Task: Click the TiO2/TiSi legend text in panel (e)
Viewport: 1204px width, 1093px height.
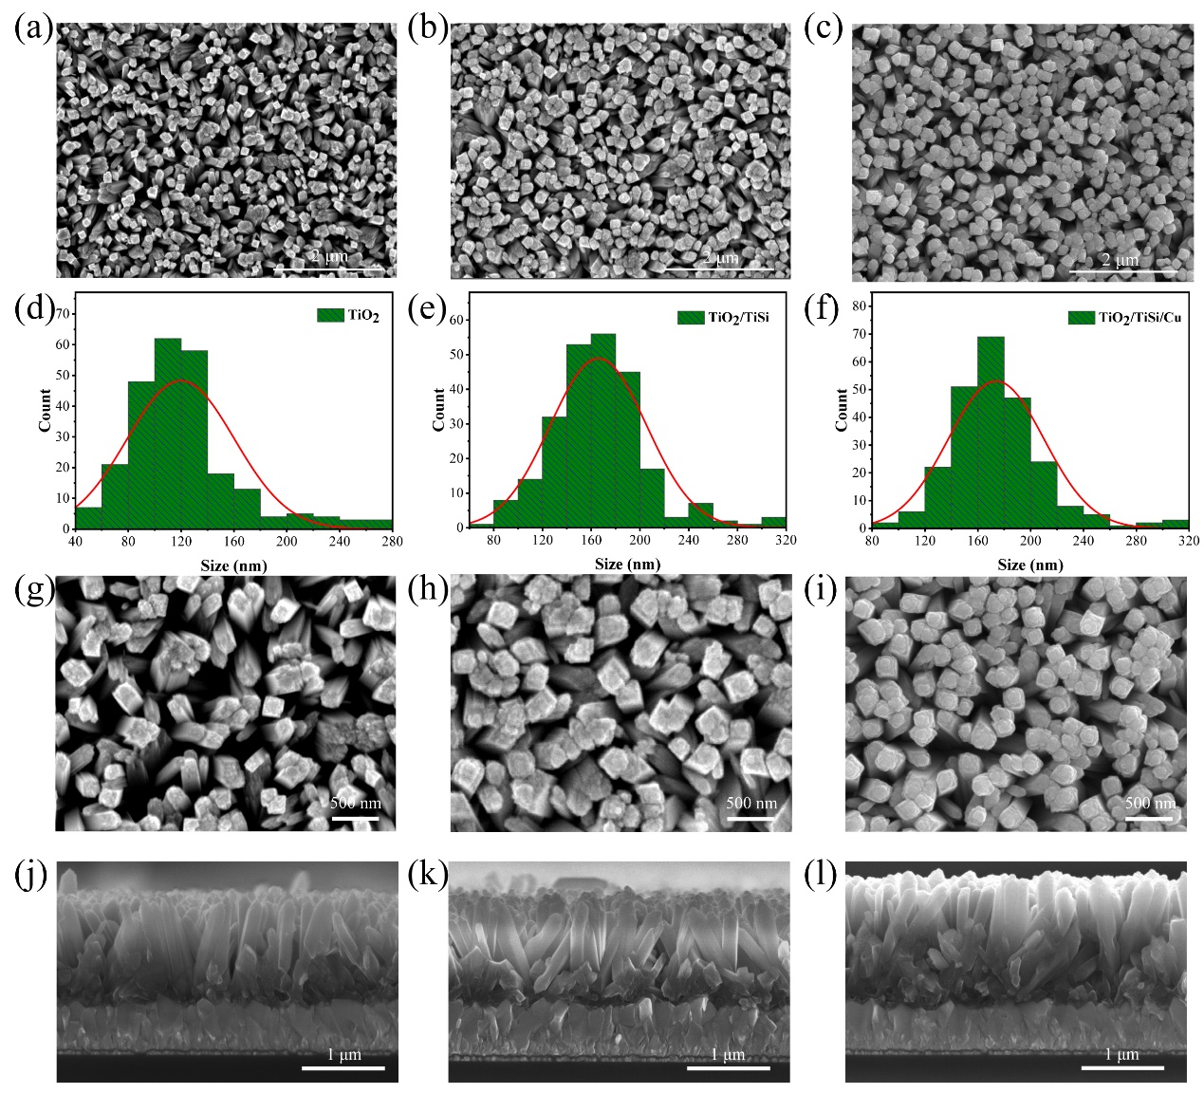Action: click(738, 317)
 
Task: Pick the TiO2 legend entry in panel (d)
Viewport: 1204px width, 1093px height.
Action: click(362, 317)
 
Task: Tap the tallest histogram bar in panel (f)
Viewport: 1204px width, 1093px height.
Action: click(990, 432)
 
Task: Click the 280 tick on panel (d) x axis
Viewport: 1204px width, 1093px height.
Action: click(392, 542)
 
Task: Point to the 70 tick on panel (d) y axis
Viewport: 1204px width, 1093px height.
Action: click(63, 313)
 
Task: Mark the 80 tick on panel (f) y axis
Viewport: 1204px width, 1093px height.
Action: click(860, 306)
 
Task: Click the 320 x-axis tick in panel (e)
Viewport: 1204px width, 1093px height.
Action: click(785, 541)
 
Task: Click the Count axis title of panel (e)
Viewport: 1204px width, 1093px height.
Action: click(438, 409)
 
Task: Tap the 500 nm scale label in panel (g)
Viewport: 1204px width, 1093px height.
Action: click(355, 803)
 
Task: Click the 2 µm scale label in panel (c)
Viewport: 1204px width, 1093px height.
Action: click(1121, 260)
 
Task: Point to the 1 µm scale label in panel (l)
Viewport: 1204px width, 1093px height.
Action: click(1121, 1054)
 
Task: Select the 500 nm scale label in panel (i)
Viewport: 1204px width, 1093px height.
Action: click(1150, 803)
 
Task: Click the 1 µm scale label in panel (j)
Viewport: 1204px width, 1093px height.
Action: click(343, 1054)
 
